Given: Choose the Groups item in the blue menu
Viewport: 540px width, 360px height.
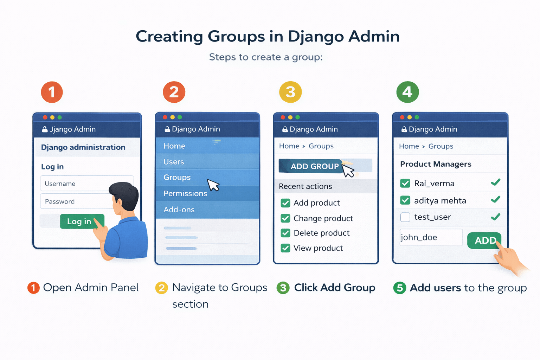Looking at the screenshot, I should click(177, 178).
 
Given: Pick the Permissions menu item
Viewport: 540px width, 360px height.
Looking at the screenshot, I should click(185, 194).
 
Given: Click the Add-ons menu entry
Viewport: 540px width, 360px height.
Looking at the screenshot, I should click(179, 210).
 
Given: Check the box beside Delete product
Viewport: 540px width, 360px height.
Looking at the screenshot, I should click(285, 233).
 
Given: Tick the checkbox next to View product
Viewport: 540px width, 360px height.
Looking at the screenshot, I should click(285, 248).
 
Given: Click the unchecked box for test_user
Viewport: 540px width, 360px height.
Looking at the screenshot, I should click(405, 217).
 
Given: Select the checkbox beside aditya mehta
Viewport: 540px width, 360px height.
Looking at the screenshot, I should click(405, 200).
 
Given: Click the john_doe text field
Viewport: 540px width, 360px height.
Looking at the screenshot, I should click(431, 238).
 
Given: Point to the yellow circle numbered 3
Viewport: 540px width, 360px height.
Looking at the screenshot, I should click(290, 92).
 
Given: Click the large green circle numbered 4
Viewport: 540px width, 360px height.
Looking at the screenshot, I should click(407, 92).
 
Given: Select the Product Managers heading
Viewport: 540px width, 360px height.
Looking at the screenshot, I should click(436, 164).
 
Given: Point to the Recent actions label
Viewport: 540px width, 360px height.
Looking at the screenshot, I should click(305, 186).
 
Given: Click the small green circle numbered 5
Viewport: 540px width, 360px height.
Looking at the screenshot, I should click(400, 288).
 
